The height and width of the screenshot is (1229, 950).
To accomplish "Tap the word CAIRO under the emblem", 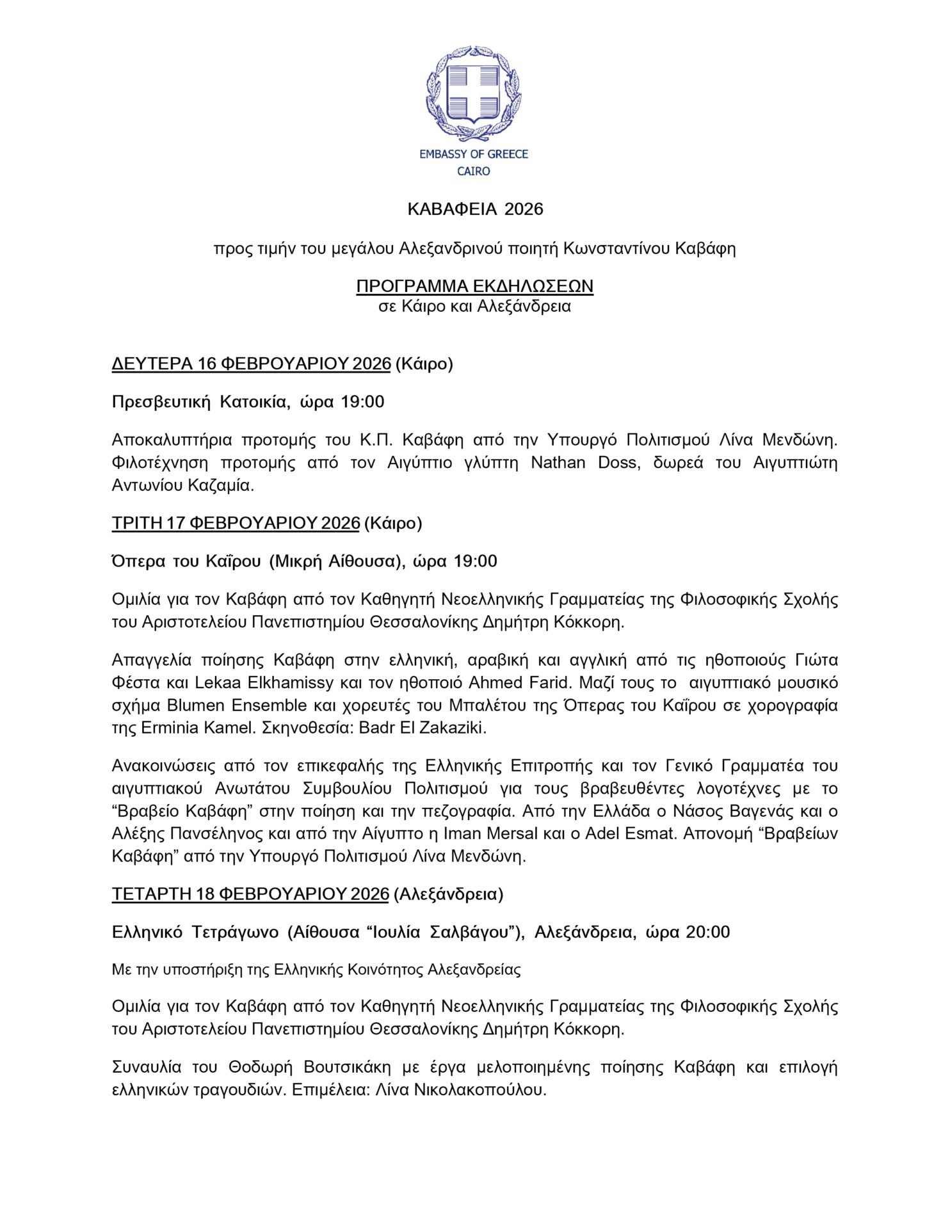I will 474,172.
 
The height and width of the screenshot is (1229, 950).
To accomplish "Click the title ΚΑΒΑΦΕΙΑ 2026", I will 475,209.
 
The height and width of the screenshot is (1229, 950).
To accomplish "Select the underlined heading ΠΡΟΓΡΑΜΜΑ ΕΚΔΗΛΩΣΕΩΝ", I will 474,285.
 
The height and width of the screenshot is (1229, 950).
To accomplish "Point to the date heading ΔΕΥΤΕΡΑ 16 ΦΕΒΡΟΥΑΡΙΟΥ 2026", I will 251,364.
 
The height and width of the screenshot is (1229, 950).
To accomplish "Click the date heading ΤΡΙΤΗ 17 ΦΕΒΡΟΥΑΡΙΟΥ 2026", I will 236,523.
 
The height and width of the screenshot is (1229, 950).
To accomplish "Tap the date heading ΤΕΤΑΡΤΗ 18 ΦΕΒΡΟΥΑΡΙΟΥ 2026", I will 250,894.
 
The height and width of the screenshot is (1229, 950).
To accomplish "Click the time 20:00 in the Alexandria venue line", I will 707,932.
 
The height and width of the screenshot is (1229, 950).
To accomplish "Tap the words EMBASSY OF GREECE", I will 474,154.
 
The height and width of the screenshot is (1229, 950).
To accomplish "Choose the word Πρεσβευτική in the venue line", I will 161,402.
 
